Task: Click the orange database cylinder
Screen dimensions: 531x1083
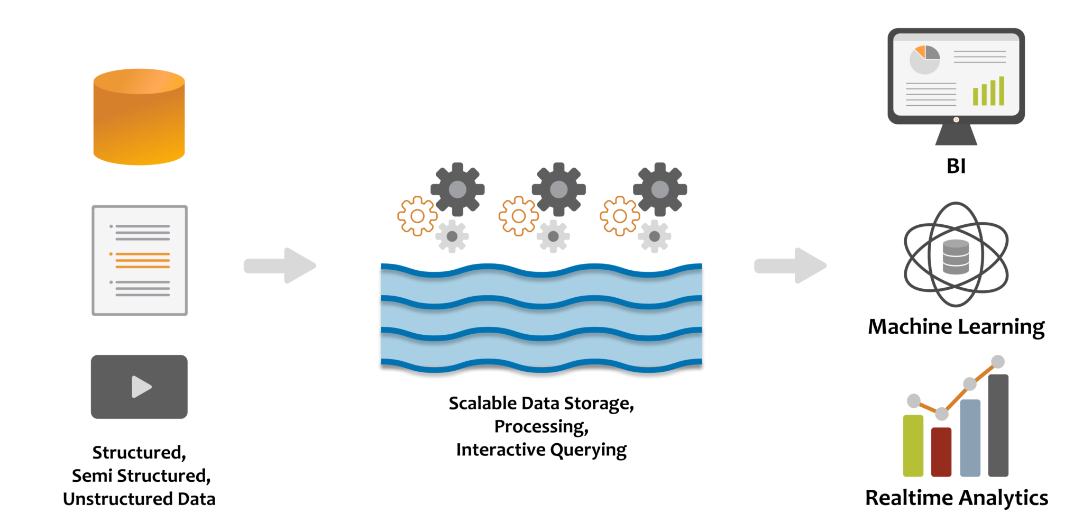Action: coord(139,117)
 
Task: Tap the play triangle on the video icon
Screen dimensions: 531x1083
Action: coord(141,387)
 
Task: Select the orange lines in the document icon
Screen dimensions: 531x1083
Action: coord(142,260)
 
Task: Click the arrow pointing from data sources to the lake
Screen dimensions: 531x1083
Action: coord(281,265)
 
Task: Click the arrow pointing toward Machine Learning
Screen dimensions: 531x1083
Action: coord(791,265)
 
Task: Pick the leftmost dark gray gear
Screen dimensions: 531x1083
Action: coord(457,189)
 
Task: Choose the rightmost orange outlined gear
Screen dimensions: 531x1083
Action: coord(620,216)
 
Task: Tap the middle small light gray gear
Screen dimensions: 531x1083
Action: coord(553,236)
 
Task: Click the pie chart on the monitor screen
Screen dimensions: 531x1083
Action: coord(924,60)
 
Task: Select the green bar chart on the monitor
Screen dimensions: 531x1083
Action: coord(988,92)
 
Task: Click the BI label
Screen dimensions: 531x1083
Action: coord(956,166)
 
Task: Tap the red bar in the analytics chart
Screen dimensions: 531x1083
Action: coord(941,452)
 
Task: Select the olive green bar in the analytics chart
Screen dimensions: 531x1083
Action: coord(913,446)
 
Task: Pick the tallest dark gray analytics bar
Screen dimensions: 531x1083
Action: coord(998,426)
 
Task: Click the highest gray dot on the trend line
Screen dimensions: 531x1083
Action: coord(998,362)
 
